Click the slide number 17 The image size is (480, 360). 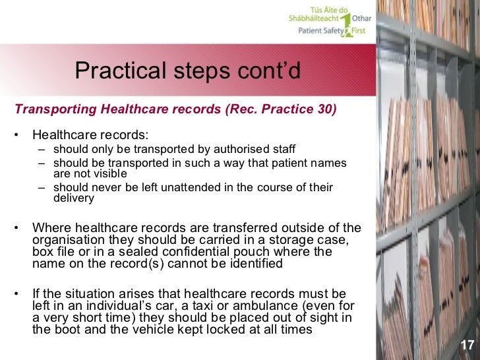[x=467, y=345]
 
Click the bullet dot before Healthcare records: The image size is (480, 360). [x=16, y=135]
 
